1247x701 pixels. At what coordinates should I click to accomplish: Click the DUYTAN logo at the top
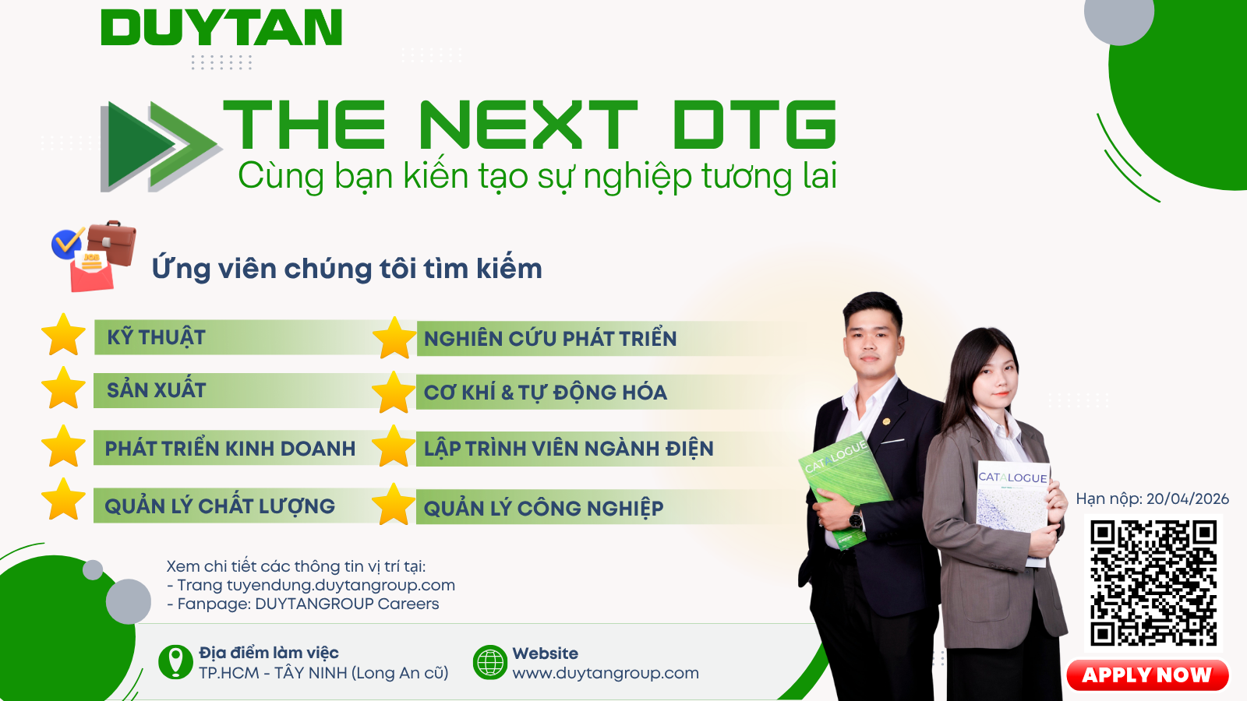click(221, 27)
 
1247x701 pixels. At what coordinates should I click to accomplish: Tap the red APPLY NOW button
click(1147, 675)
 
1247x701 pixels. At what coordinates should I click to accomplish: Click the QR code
click(1153, 583)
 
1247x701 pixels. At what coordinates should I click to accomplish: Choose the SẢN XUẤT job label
click(157, 390)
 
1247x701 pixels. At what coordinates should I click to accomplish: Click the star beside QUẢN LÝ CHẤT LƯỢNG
click(63, 499)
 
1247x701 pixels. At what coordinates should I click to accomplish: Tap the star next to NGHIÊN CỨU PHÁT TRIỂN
click(394, 337)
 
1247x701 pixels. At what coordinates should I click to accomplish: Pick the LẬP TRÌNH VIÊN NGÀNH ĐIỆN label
click(568, 449)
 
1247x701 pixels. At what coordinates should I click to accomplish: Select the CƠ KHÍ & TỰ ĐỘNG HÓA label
click(546, 393)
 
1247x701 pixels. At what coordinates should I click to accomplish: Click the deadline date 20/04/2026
click(1188, 498)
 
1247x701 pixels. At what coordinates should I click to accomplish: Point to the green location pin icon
click(175, 662)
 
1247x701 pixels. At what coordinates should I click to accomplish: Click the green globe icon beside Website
click(490, 662)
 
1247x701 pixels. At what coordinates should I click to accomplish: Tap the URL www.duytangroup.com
click(606, 673)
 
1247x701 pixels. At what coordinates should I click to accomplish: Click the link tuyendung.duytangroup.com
click(341, 585)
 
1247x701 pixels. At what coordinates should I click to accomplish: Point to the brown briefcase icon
click(112, 242)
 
